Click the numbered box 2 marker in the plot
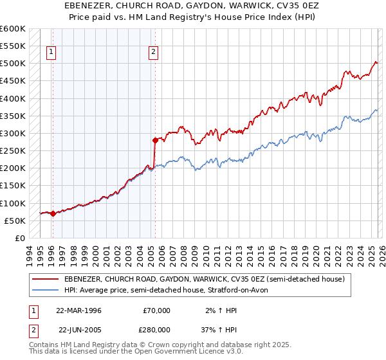point(154,53)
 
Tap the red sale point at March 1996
point(53,213)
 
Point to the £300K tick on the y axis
point(13,134)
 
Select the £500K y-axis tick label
point(13,64)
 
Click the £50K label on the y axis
point(15,221)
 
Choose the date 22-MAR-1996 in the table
point(78,310)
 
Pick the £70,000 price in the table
point(156,310)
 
